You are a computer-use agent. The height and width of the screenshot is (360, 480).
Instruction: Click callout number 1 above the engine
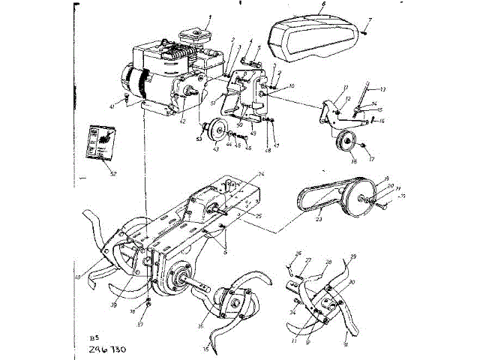(x=210, y=16)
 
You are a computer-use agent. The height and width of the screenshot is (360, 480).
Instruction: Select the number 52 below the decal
(x=113, y=173)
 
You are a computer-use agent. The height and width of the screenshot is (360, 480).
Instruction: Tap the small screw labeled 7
(x=362, y=32)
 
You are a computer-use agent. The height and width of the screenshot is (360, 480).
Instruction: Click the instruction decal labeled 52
(x=100, y=142)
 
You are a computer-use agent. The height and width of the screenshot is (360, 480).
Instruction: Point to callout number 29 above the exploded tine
(x=353, y=256)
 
